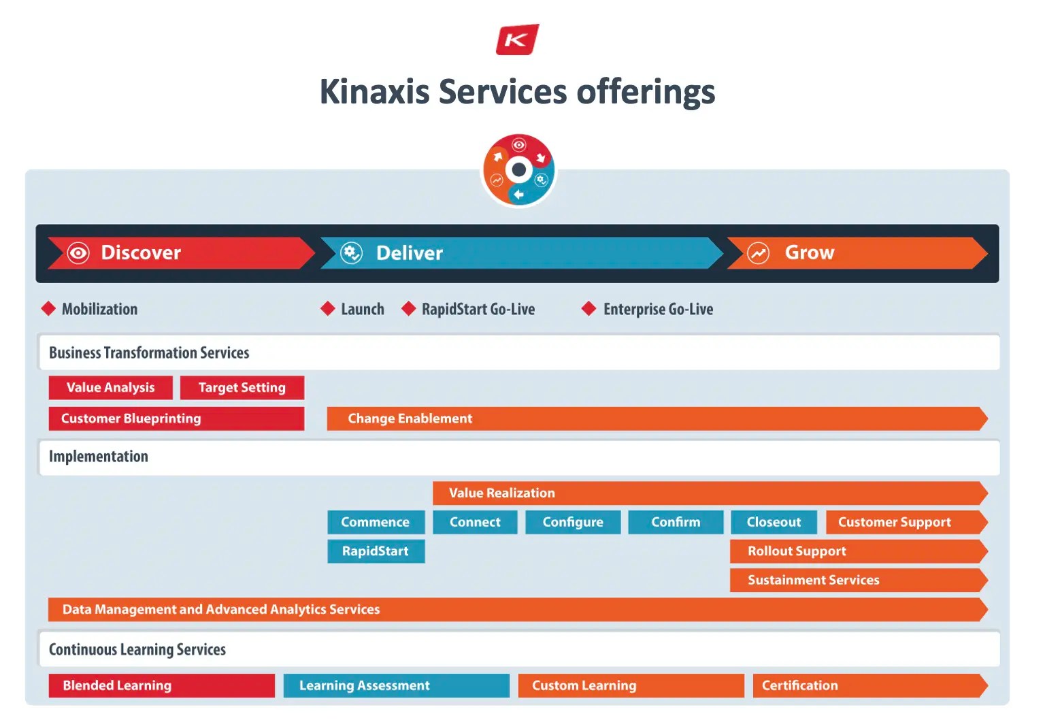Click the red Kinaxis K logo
tap(517, 39)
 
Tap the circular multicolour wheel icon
tap(518, 170)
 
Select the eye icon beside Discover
tap(78, 253)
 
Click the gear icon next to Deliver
tap(351, 253)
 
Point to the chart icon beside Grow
tap(758, 253)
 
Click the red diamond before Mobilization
tap(48, 309)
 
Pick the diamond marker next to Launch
tap(328, 309)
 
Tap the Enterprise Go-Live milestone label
tap(658, 310)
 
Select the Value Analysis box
tap(110, 388)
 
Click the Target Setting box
tap(242, 388)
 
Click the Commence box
tap(376, 522)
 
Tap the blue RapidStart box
tap(376, 551)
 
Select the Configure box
tap(573, 522)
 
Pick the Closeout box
tap(774, 522)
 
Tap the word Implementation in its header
tap(99, 457)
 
